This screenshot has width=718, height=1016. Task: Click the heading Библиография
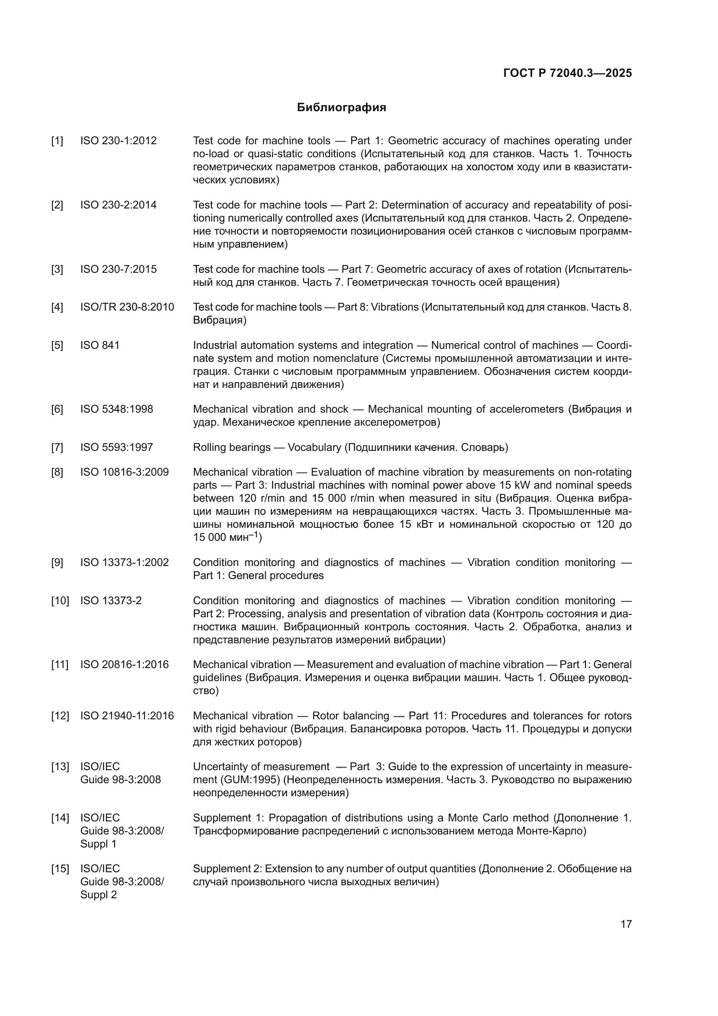point(341,108)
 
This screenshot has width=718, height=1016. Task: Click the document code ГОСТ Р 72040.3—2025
point(567,73)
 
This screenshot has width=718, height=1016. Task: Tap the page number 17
point(626,924)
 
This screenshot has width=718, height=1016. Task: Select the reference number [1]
point(57,141)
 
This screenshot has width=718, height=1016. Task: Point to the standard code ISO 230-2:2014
point(118,205)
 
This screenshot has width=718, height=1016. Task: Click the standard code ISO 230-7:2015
point(118,269)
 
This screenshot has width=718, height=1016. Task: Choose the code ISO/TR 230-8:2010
point(127,307)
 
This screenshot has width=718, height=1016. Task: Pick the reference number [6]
point(57,409)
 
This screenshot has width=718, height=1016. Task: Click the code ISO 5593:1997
point(116,447)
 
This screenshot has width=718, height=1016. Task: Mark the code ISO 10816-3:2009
point(124,472)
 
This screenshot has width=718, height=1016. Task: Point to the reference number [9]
point(57,563)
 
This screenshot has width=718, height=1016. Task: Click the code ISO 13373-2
point(111,600)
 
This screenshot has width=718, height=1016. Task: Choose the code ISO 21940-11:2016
point(127,715)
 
